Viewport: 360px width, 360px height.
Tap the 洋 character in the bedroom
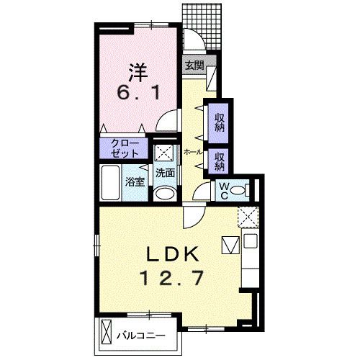(138, 73)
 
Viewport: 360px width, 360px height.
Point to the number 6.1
(138, 93)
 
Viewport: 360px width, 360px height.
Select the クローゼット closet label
(125, 148)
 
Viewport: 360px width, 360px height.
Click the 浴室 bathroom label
(135, 182)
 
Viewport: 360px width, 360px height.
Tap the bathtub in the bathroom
(110, 182)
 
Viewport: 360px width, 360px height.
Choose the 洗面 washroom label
(165, 173)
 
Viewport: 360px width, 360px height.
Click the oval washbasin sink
(165, 194)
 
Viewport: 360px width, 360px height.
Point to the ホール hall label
(193, 152)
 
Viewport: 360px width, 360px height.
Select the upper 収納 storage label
(219, 122)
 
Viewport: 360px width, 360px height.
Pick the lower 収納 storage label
(219, 162)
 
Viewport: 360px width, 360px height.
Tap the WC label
(224, 191)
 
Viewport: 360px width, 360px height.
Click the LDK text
(173, 254)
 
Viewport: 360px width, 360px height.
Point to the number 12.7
(173, 278)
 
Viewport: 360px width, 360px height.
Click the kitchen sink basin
(251, 240)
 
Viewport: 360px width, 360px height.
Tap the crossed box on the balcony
(107, 333)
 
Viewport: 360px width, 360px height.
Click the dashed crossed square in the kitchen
(248, 217)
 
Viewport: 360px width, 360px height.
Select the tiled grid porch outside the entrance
(202, 27)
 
